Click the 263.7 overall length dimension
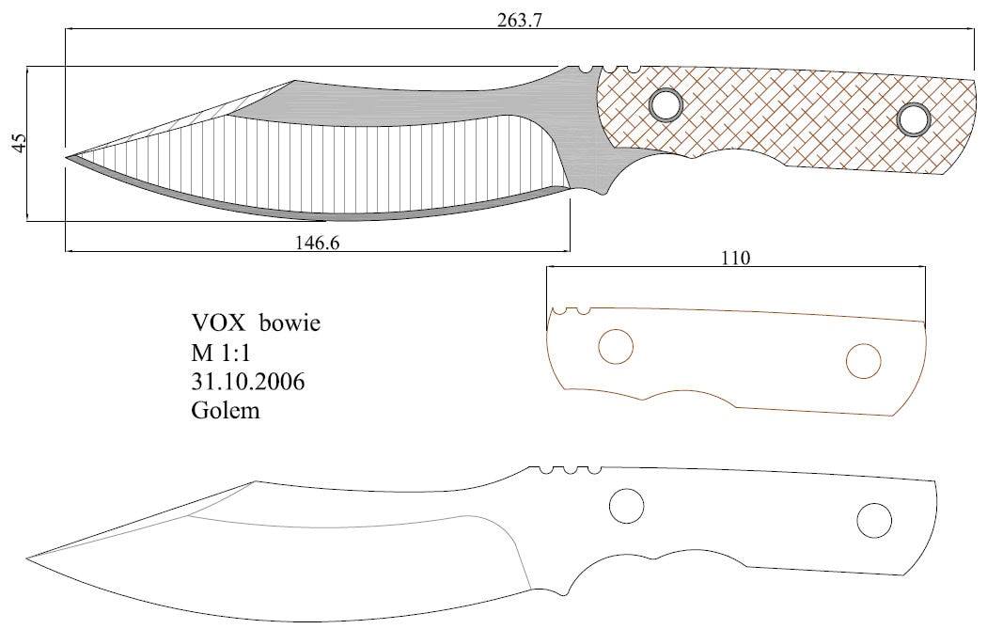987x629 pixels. click(519, 21)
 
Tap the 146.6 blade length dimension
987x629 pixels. click(318, 243)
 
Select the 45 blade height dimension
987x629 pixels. click(20, 142)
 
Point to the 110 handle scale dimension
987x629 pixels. click(736, 259)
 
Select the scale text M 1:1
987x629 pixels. click(221, 353)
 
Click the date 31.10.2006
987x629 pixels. click(248, 382)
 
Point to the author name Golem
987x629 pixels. click(226, 411)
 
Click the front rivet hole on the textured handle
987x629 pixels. click(665, 104)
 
